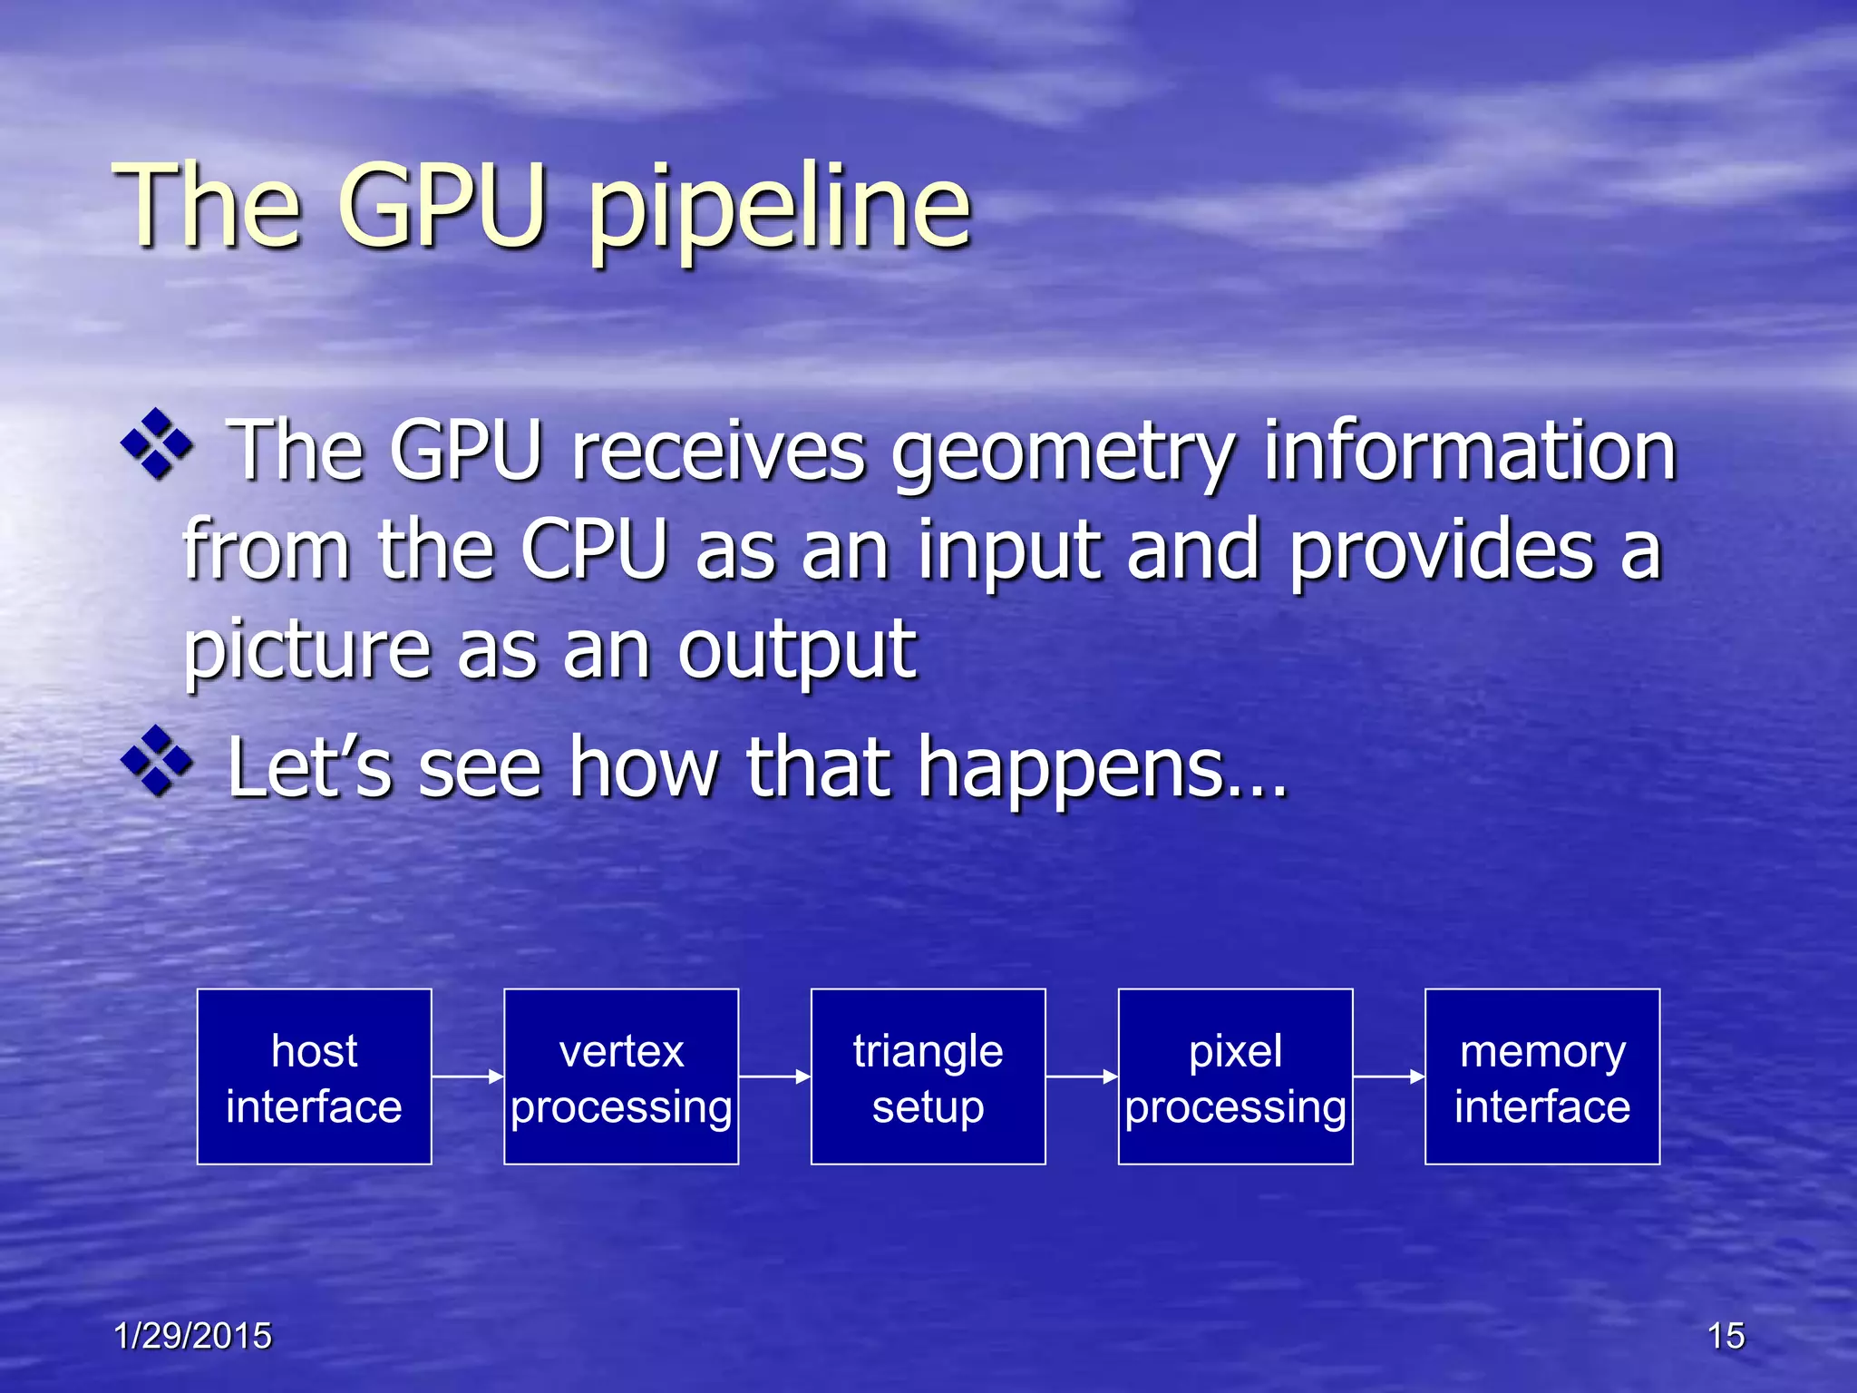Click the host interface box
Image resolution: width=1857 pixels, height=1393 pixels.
point(314,1076)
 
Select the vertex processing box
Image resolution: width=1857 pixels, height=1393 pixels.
point(621,1076)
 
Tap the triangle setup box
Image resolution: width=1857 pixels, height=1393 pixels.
point(928,1076)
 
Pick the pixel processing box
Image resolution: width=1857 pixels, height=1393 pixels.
point(1235,1076)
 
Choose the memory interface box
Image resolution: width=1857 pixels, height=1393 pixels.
point(1542,1076)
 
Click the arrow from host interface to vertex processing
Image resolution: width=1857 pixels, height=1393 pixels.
point(468,1076)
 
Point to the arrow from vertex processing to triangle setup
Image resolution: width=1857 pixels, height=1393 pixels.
point(775,1076)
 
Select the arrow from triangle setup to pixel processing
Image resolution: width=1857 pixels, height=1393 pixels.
point(1082,1076)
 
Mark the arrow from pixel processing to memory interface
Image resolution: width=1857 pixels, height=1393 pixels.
point(1389,1076)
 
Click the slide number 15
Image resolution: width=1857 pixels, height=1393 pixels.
point(1726,1336)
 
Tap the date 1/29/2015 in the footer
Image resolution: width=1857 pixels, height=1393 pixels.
point(192,1336)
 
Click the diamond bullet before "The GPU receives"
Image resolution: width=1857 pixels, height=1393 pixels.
point(157,444)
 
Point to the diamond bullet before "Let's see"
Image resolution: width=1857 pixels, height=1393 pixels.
point(157,762)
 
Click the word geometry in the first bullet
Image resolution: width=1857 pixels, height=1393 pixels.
point(1062,453)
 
